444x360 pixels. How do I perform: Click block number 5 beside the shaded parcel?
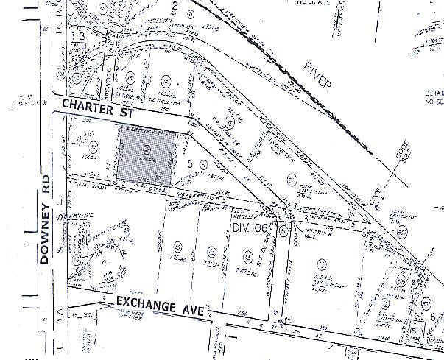click(190, 162)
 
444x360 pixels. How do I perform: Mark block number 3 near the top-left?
click(84, 35)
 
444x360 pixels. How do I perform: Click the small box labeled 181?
click(417, 331)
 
